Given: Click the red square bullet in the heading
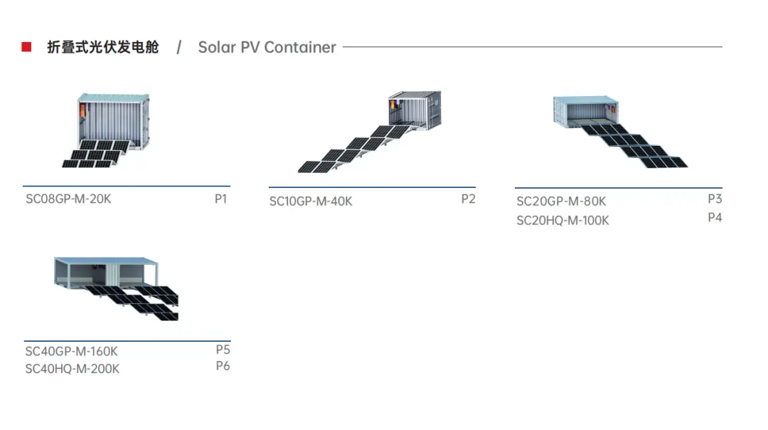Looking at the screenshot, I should pos(26,47).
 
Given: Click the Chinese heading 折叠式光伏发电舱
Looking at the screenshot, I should pos(102,47).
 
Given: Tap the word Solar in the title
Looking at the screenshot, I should pos(216,48).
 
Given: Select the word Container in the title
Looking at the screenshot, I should pos(299,48).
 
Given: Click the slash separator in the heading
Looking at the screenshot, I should pos(179,48).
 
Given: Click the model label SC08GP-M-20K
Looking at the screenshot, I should pos(68,199).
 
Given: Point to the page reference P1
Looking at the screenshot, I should pos(220,199).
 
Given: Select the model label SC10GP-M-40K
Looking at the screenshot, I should pos(311,201).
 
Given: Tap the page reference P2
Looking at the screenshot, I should pos(468,199).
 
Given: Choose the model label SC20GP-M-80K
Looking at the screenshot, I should pos(561,201).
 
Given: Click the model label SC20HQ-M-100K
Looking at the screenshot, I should pos(562,221).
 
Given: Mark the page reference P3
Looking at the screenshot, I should pos(715,199).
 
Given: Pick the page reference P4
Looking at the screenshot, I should pos(715,218).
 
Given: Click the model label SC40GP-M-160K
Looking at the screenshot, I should pos(71,351).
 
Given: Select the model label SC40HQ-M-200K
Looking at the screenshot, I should pos(72,369).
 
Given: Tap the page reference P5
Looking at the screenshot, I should pos(223,350).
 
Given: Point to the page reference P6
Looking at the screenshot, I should pos(223,366).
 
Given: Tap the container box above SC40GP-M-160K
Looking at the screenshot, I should pos(105,271).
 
